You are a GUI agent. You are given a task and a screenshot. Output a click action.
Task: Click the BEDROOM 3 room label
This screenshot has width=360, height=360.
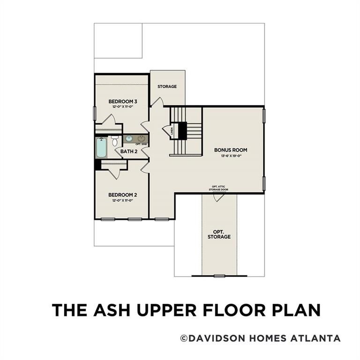point(123,101)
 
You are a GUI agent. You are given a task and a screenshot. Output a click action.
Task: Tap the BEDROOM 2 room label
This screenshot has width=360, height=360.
point(123,195)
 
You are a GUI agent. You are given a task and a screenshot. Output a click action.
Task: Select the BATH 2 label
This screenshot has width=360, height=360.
point(129,151)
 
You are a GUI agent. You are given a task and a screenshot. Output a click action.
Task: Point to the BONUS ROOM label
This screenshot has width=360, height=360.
point(231,150)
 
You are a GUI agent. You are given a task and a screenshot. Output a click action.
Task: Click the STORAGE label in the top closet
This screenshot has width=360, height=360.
point(167,87)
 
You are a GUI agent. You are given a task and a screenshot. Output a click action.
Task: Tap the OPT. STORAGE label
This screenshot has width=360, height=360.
point(219,234)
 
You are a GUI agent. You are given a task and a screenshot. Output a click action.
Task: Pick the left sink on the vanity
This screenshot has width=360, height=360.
point(129,139)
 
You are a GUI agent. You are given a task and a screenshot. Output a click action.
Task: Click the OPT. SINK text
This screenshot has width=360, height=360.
point(142,144)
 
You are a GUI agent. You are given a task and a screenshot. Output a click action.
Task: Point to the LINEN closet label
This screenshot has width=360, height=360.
point(172,130)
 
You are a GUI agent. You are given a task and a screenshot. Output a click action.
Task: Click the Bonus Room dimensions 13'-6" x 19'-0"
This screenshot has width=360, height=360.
point(231,156)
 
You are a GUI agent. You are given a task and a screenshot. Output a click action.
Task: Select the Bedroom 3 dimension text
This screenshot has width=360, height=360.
point(123,107)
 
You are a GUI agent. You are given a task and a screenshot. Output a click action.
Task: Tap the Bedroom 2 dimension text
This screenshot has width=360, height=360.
point(123,200)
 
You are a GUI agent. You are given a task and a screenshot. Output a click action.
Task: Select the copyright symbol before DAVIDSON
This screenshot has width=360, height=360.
point(185,338)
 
